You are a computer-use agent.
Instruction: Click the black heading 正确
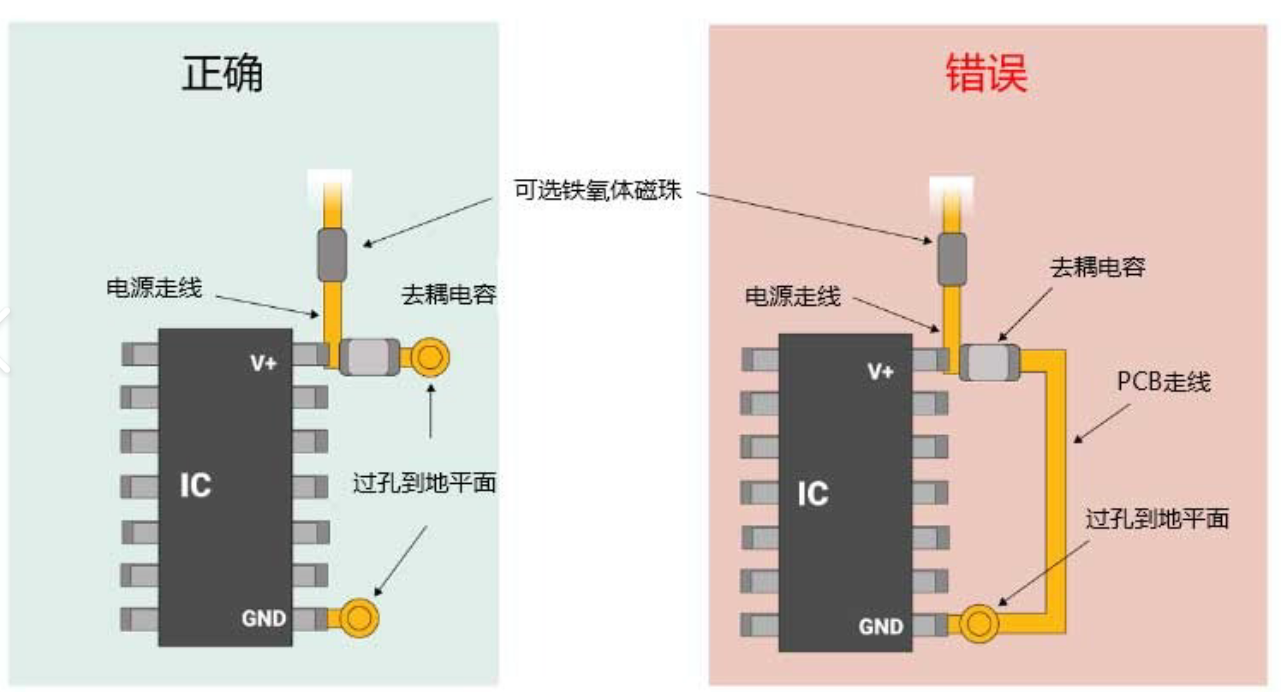click(223, 73)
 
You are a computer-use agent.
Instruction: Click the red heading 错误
click(986, 73)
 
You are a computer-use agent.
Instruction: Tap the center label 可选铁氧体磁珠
click(597, 190)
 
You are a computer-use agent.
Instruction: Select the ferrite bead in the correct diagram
click(332, 255)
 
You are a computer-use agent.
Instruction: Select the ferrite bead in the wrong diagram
click(952, 259)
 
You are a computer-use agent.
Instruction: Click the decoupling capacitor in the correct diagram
click(370, 357)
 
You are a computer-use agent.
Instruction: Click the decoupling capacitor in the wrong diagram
click(989, 362)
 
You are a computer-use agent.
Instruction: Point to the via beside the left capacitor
click(430, 357)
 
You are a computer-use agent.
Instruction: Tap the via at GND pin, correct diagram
click(359, 617)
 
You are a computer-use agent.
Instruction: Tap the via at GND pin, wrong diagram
click(979, 623)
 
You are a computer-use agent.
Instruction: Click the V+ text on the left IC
click(264, 362)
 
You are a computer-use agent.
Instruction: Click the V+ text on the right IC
click(880, 372)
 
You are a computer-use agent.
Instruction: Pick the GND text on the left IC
click(264, 618)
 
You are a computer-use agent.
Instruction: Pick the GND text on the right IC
click(880, 627)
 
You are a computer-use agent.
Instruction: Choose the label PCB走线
click(1164, 381)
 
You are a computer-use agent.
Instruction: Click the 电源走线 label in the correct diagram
click(154, 288)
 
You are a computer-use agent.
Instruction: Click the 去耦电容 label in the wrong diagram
click(1098, 267)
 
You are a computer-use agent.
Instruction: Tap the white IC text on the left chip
click(195, 485)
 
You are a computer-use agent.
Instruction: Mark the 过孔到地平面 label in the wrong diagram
click(1157, 519)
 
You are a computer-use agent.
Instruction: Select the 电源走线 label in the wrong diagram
click(793, 296)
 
